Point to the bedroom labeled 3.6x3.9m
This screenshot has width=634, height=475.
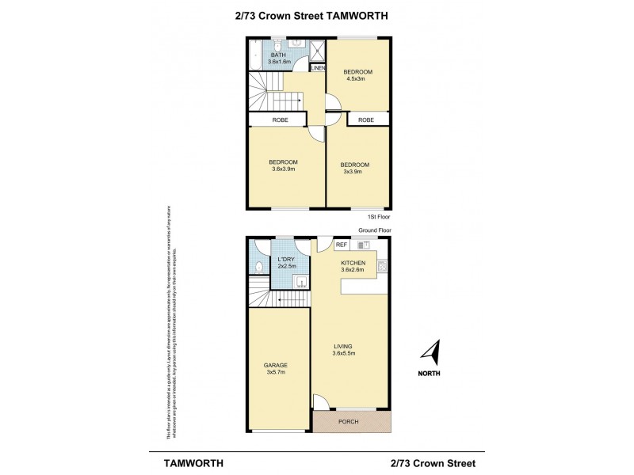coord(283,165)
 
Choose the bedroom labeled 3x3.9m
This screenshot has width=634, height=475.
coord(357,169)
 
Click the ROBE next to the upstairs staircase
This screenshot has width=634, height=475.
coord(279,120)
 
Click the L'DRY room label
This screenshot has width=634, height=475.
coord(285,261)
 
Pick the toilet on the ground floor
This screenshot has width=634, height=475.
coord(258,268)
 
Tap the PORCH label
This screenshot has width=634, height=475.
coord(348,421)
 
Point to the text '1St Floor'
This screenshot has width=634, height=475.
coord(378,216)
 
